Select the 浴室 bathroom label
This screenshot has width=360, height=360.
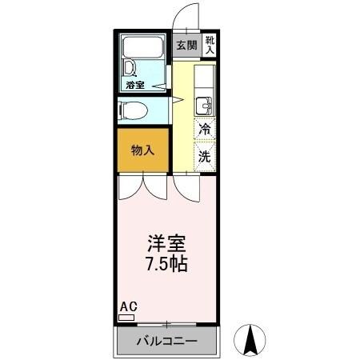point(134,84)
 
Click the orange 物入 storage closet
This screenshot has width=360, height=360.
point(143,150)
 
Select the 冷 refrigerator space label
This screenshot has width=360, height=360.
point(205,129)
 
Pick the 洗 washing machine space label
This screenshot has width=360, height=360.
point(205,157)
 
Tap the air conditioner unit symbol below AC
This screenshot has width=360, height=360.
point(126,318)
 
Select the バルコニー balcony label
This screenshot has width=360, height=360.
point(166,341)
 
